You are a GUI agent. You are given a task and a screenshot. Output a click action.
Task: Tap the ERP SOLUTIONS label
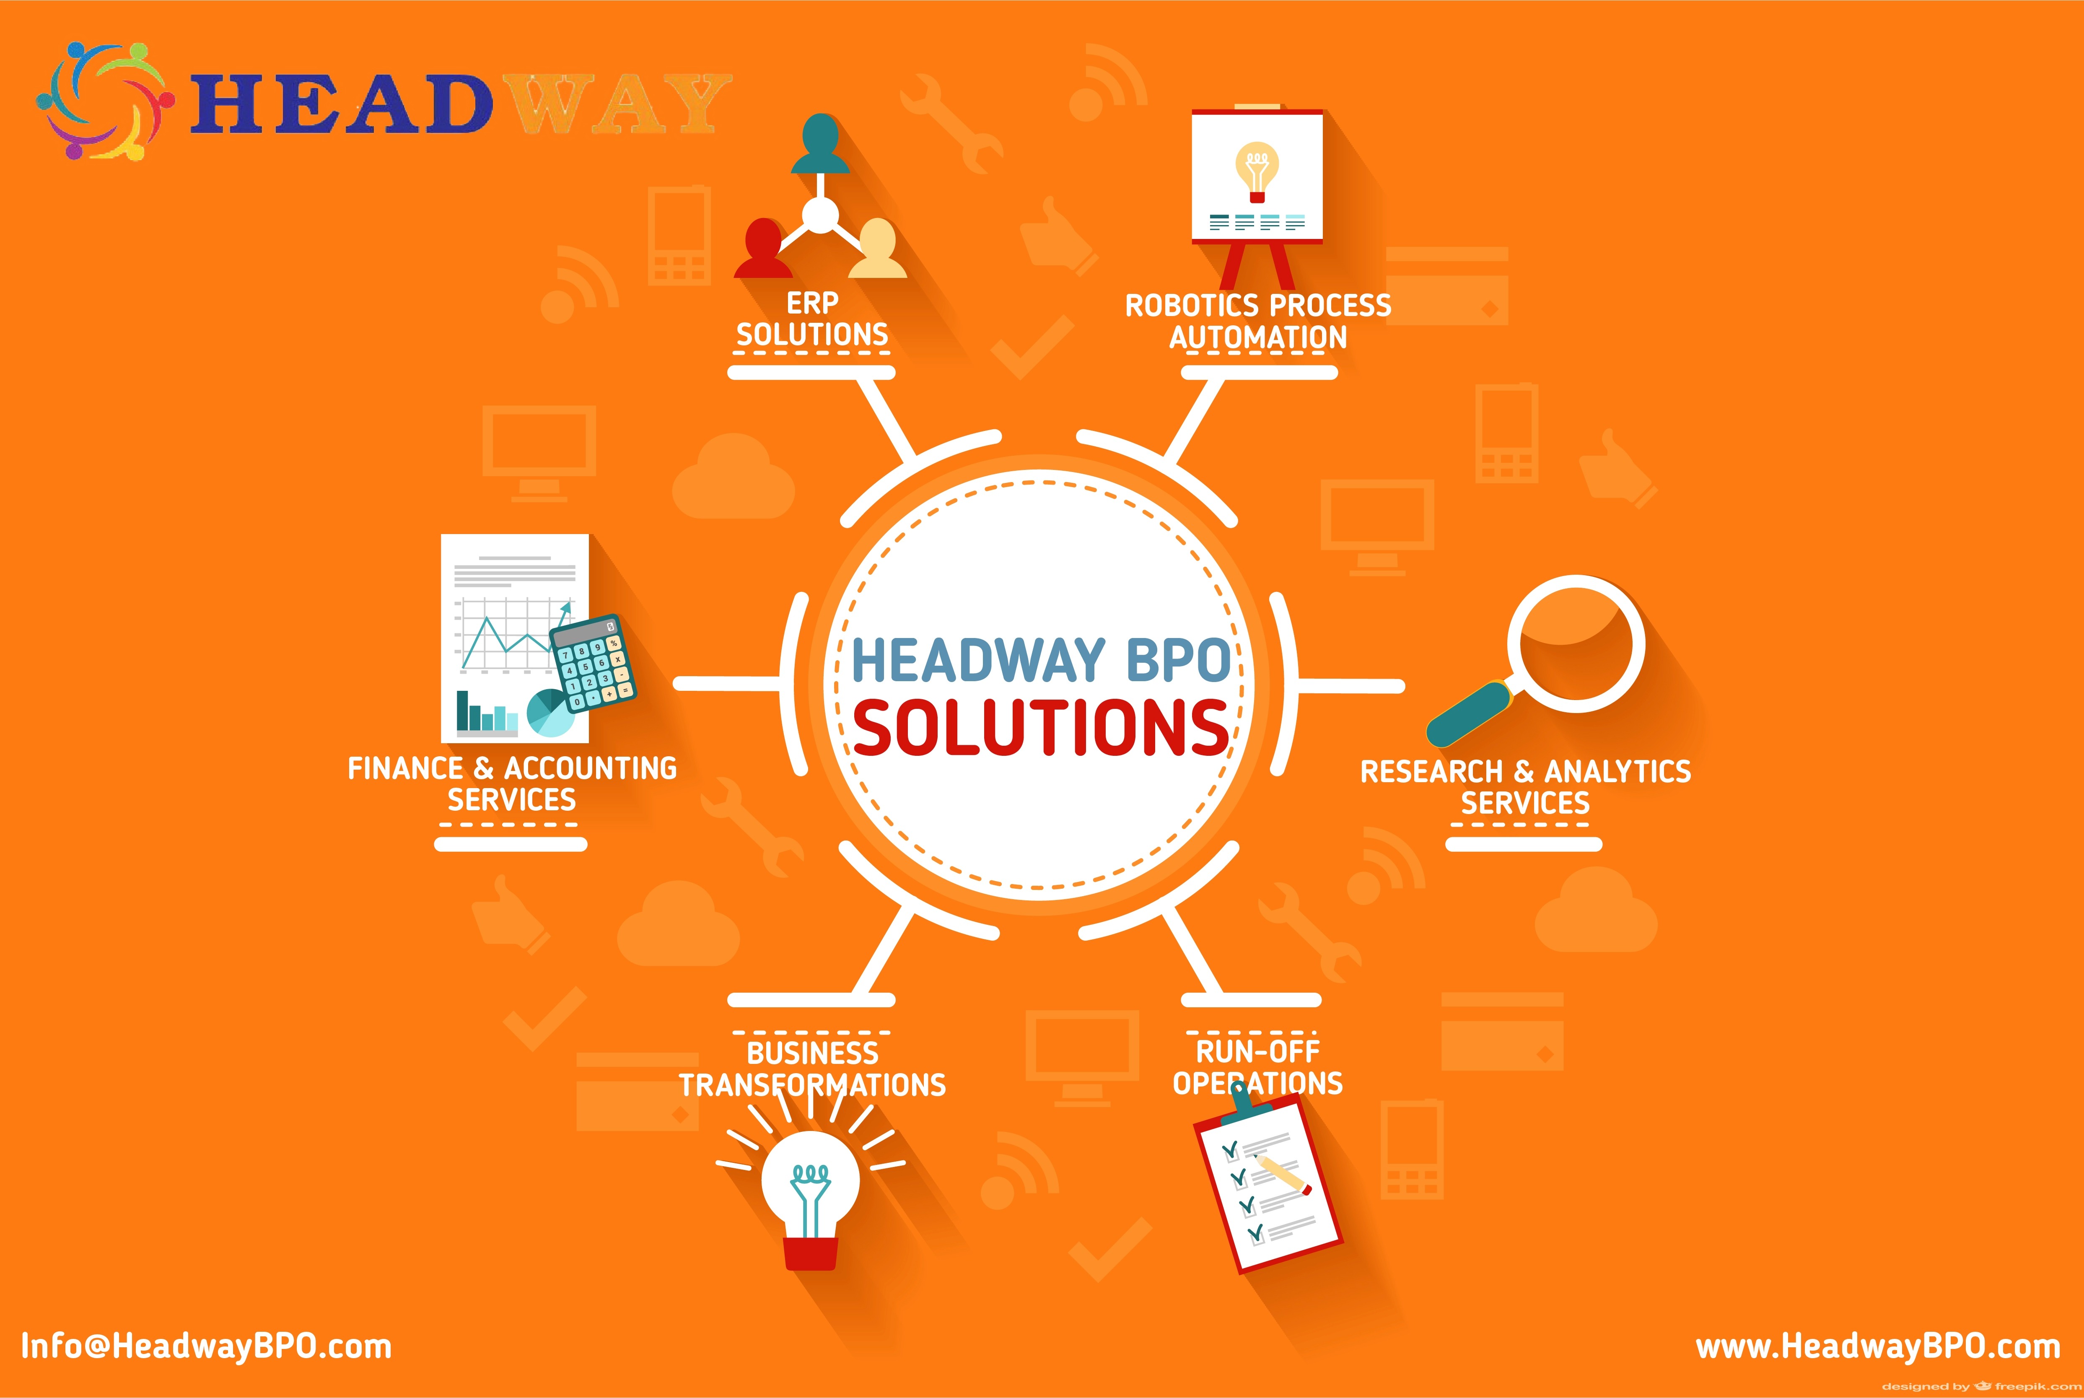coord(812,319)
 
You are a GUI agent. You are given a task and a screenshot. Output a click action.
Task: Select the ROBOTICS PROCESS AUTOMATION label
coord(1258,321)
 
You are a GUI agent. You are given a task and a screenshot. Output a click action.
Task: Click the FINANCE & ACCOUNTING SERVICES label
coord(512,784)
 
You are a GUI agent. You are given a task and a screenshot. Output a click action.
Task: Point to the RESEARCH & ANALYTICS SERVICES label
coord(1525,786)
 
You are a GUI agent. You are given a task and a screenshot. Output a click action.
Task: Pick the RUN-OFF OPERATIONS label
coord(1258,1066)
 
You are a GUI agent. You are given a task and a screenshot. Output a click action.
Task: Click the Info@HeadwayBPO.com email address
coord(206,1346)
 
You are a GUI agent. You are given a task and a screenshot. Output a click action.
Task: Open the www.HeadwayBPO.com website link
coord(1878,1346)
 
